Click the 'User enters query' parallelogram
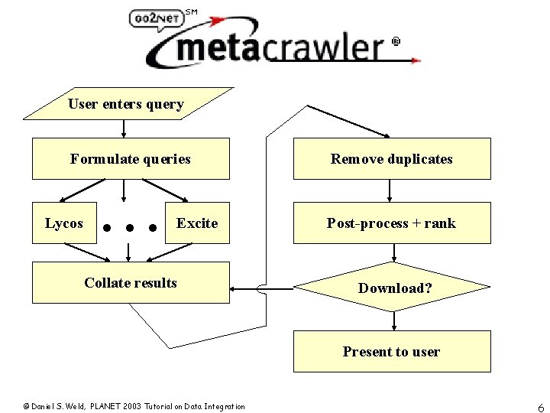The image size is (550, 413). pos(126,105)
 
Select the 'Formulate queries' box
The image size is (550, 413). pos(131,159)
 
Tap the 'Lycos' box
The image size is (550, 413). pos(64,223)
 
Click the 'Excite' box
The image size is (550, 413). pos(198,223)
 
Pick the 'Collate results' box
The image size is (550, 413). pos(131,283)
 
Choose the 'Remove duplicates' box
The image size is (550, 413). pos(392,159)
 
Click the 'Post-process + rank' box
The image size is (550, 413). pos(392,223)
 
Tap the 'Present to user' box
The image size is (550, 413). pos(392,352)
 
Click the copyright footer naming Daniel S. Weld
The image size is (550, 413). pos(134,406)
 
